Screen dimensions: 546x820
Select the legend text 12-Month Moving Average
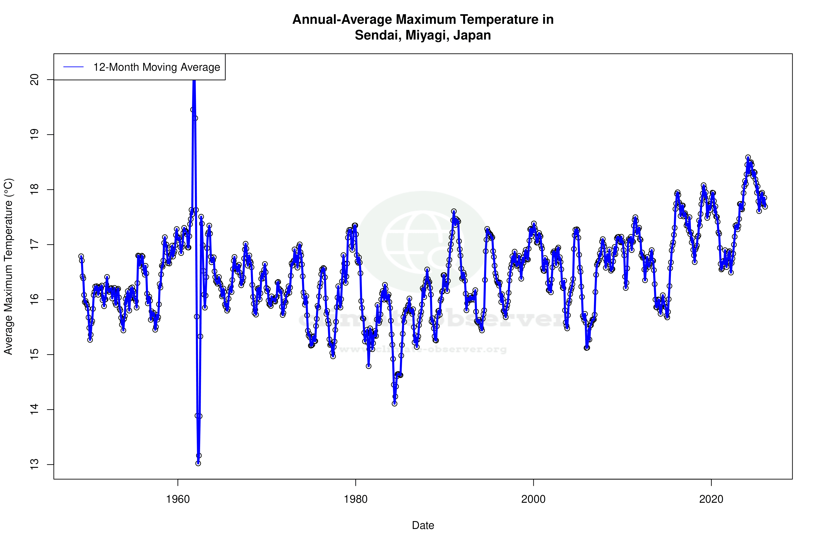[x=157, y=67]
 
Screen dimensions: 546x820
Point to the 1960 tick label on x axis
[x=178, y=499]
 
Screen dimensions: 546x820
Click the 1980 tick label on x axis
[x=356, y=499]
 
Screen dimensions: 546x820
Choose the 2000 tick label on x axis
[x=533, y=499]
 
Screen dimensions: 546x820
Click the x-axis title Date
[x=423, y=525]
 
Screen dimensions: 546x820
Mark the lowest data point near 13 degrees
[x=198, y=463]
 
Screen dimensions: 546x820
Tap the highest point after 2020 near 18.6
[x=748, y=157]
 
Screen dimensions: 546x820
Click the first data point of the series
[x=81, y=256]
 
